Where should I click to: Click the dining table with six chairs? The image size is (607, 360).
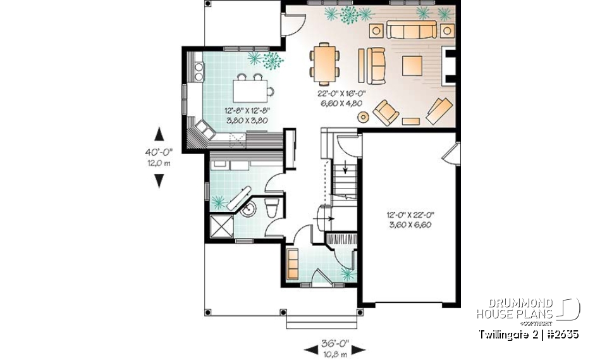coord(324,63)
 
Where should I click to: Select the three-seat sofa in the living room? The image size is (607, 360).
coord(411,30)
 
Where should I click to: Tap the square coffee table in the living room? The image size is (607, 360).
coord(412,65)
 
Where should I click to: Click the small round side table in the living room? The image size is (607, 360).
coord(364,116)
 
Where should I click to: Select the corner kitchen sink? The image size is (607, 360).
coord(205,131)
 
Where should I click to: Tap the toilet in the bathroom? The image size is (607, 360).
coord(272,207)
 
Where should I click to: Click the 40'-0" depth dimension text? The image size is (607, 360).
coord(159,152)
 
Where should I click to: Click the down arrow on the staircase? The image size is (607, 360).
coord(345,168)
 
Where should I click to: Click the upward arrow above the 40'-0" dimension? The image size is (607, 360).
coord(159,134)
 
